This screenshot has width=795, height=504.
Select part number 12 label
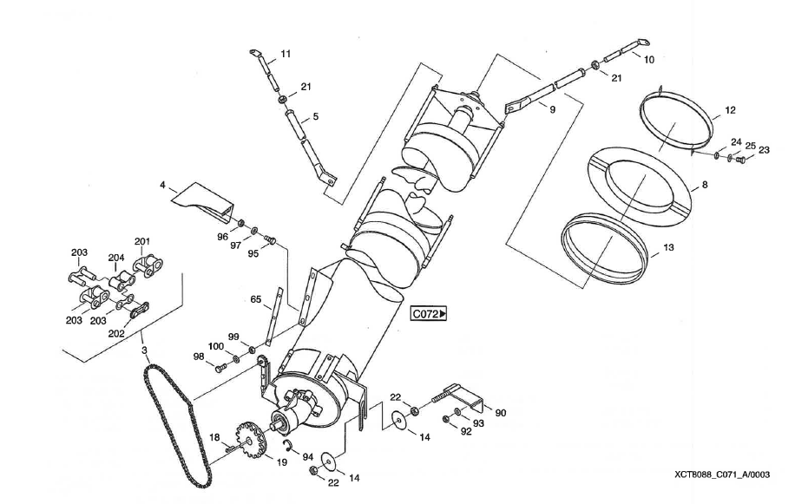[730, 110]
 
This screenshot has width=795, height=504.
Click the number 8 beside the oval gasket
[704, 185]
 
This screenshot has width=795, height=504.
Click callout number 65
[256, 299]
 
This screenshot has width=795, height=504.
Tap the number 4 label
[161, 184]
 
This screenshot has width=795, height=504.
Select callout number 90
[500, 414]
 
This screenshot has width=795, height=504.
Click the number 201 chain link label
[142, 241]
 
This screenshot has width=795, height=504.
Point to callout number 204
[116, 258]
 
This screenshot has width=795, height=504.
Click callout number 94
[307, 456]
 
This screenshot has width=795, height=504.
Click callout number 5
[315, 115]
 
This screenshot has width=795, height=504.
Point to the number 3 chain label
[145, 350]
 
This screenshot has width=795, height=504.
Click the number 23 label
[764, 149]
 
